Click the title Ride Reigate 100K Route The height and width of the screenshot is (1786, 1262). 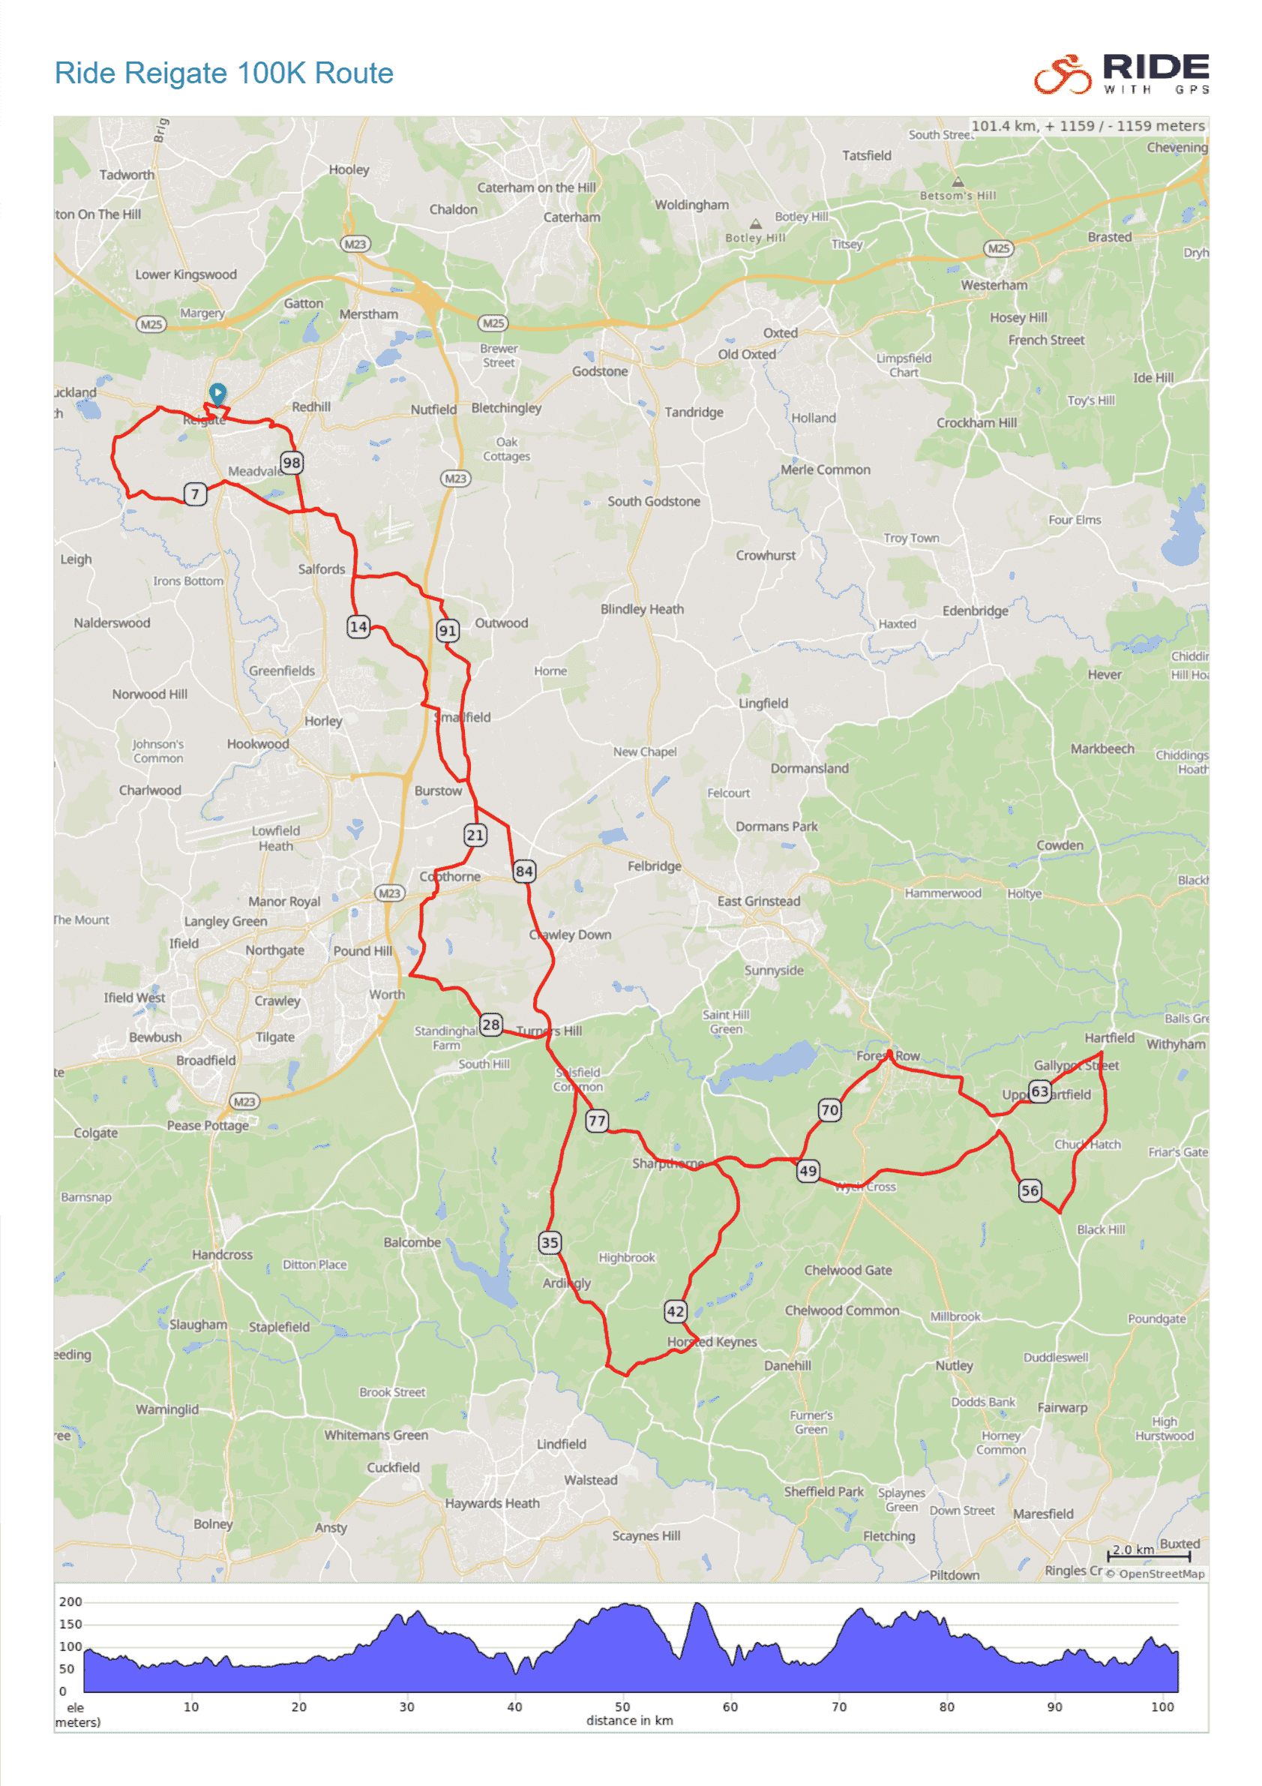click(x=224, y=73)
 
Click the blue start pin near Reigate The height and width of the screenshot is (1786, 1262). click(x=217, y=394)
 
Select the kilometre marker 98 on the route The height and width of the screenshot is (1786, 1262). click(x=292, y=463)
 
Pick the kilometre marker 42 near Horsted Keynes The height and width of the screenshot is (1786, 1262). click(x=675, y=1311)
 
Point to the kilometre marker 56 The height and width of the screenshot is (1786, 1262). click(x=1030, y=1190)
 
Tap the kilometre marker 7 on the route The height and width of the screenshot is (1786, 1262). click(x=195, y=494)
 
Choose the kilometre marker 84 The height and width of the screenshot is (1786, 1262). click(x=524, y=871)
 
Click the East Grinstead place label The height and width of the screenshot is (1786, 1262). click(x=758, y=901)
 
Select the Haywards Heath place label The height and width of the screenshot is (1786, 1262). click(x=491, y=1504)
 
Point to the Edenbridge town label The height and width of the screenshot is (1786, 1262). click(x=975, y=611)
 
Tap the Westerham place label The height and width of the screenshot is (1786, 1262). click(x=994, y=286)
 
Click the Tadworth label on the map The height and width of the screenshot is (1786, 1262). click(x=127, y=175)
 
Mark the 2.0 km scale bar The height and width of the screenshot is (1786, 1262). click(x=1149, y=1555)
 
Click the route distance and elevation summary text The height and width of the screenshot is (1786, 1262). click(x=1087, y=126)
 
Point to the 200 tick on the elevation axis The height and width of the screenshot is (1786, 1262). click(x=70, y=1601)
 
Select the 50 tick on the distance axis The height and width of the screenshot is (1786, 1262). click(x=622, y=1706)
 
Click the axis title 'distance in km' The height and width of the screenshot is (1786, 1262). click(x=629, y=1721)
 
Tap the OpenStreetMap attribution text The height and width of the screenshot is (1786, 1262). click(x=1160, y=1574)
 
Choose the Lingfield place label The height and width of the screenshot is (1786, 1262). click(x=763, y=703)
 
